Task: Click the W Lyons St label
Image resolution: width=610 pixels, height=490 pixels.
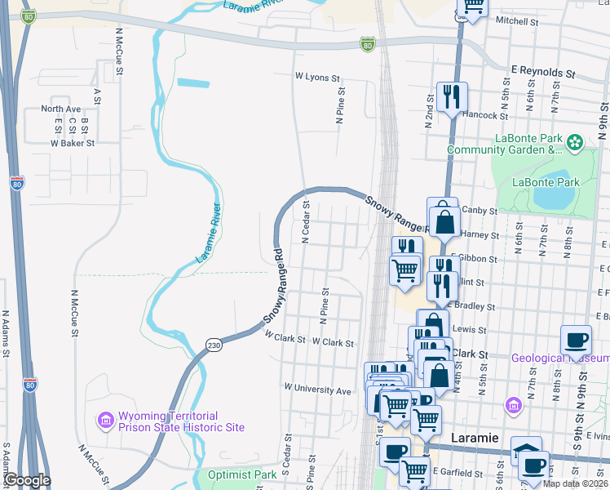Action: click(x=317, y=78)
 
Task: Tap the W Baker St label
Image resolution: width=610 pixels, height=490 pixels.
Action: click(x=73, y=142)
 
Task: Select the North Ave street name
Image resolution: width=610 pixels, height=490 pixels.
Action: click(x=61, y=109)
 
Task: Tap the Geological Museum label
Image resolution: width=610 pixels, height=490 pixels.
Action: click(x=559, y=358)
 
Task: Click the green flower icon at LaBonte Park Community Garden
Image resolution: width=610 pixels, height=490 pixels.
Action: click(x=576, y=142)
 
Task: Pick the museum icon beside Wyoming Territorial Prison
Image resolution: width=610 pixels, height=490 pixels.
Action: click(x=105, y=420)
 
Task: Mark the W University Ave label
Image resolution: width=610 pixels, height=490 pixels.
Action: click(x=317, y=390)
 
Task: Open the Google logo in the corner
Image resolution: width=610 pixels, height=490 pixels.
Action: click(x=26, y=480)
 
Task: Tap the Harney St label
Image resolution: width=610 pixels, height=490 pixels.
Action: click(x=480, y=234)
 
